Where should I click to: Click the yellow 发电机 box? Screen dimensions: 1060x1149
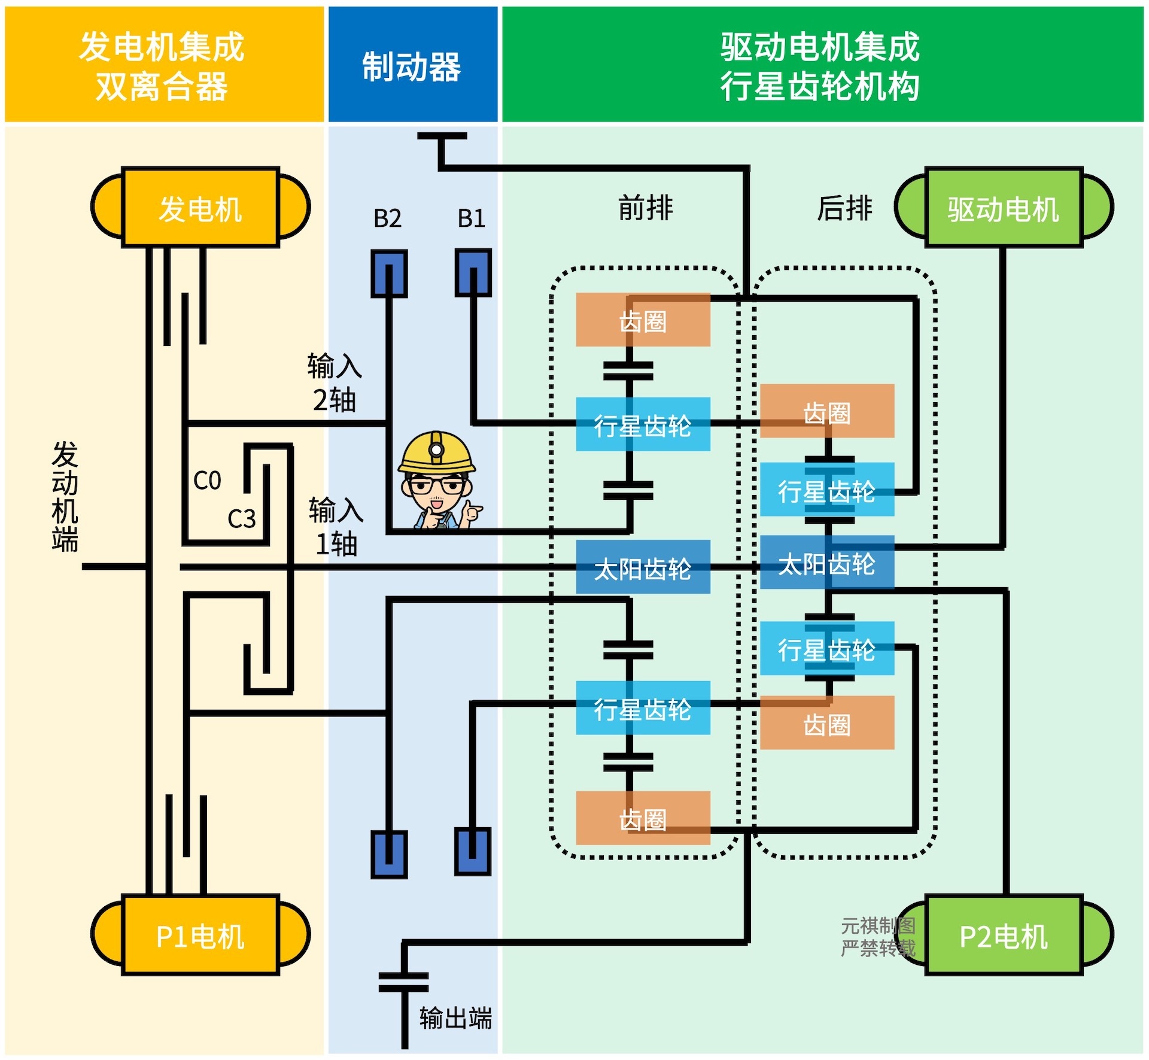pyautogui.click(x=200, y=207)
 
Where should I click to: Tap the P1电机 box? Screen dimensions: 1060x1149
pyautogui.click(x=200, y=935)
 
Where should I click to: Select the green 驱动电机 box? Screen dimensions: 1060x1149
pyautogui.click(x=1003, y=207)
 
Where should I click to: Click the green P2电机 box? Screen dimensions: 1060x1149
pyautogui.click(x=1003, y=935)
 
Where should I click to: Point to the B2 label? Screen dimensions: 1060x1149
pyautogui.click(x=387, y=218)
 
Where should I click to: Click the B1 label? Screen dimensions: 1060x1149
pyautogui.click(x=472, y=218)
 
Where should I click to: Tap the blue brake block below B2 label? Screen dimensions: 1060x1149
pyautogui.click(x=389, y=274)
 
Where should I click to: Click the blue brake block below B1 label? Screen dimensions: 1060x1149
pyautogui.click(x=473, y=273)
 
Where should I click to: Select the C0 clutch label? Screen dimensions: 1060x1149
pyautogui.click(x=207, y=481)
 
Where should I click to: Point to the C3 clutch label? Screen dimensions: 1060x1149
pyautogui.click(x=242, y=519)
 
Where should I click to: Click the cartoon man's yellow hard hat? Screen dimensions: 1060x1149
pyautogui.click(x=436, y=452)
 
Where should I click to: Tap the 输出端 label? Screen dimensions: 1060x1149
pyautogui.click(x=455, y=1018)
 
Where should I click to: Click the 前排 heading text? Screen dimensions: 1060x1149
pyautogui.click(x=646, y=208)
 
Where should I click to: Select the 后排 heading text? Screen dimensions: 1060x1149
pyautogui.click(x=844, y=208)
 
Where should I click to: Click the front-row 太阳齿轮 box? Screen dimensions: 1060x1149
pyautogui.click(x=643, y=567)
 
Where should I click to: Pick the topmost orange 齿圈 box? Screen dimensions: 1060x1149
pyautogui.click(x=643, y=320)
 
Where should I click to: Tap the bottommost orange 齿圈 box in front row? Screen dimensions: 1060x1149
pyautogui.click(x=643, y=818)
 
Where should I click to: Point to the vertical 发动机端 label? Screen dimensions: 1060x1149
pyautogui.click(x=65, y=497)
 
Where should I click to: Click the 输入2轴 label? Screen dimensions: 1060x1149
pyautogui.click(x=335, y=382)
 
